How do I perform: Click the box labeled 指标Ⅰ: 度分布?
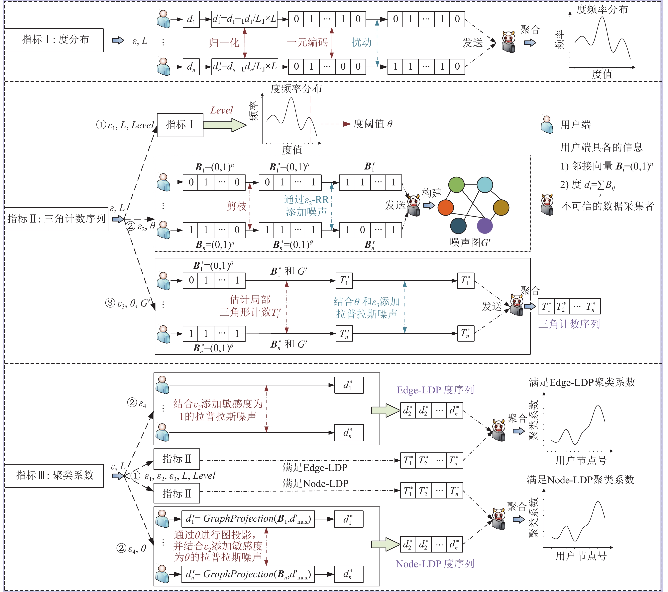[x=54, y=40]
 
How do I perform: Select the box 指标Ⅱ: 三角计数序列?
[x=56, y=219]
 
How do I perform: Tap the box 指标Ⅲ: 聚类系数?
[x=54, y=476]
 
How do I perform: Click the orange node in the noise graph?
[x=445, y=208]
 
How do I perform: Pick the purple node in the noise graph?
[x=485, y=226]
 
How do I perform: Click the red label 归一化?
[x=224, y=43]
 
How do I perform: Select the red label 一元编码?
[x=307, y=42]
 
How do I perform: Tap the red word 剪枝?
[x=236, y=206]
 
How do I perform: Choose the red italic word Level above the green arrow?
[x=222, y=110]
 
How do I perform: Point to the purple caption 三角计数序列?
[x=569, y=324]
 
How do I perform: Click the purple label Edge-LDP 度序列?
[x=435, y=390]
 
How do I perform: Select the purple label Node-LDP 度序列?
[x=435, y=564]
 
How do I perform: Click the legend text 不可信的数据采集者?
[x=608, y=206]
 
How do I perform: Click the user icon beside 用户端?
[x=547, y=125]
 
